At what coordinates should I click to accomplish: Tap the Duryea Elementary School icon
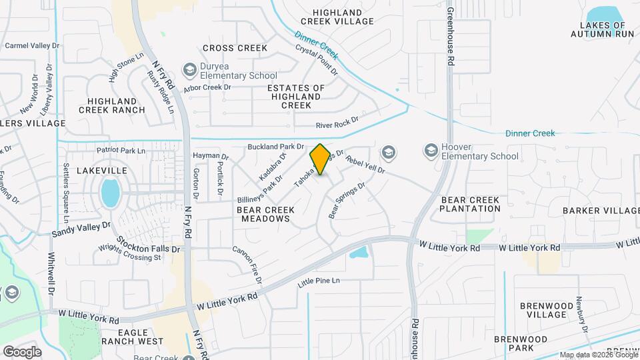pos(190,70)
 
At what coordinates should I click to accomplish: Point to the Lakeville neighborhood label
pos(102,171)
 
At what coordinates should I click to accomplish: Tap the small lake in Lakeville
pos(110,193)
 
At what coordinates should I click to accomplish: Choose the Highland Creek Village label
pos(343,17)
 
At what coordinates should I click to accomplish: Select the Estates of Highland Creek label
pos(296,97)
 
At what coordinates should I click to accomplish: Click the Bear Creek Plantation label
pos(470,204)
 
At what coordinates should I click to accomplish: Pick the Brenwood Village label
pos(545,310)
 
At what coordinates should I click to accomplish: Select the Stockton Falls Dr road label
pos(148,244)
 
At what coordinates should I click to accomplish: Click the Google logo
pos(23,351)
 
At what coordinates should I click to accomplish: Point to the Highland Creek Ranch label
pos(112,105)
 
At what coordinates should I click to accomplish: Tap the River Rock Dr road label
pos(337,123)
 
